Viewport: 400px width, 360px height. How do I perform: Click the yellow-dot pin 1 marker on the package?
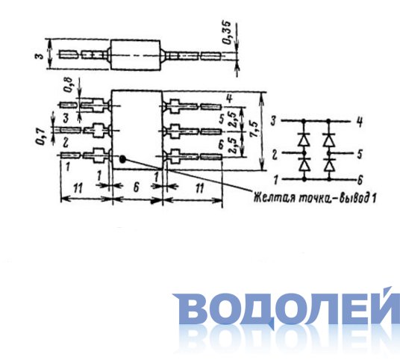coord(123,159)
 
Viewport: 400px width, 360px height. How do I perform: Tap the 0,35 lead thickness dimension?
coord(227,32)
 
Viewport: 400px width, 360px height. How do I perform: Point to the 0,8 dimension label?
coord(69,85)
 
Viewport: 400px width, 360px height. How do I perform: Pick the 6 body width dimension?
coord(137,187)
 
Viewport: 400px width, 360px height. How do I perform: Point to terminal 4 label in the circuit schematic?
coord(360,122)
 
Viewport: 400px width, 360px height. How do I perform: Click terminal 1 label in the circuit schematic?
coord(276,180)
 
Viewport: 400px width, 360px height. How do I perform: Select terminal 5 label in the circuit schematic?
coord(360,154)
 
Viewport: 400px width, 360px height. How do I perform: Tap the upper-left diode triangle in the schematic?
coord(304,140)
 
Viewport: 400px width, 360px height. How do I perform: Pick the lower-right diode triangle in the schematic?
coord(328,166)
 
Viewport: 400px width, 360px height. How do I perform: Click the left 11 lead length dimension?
coord(78,188)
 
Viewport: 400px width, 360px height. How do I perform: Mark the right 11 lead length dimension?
coord(199,188)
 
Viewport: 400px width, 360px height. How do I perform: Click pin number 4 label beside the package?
coord(230,99)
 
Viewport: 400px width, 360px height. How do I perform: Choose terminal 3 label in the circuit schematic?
coord(273,121)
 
